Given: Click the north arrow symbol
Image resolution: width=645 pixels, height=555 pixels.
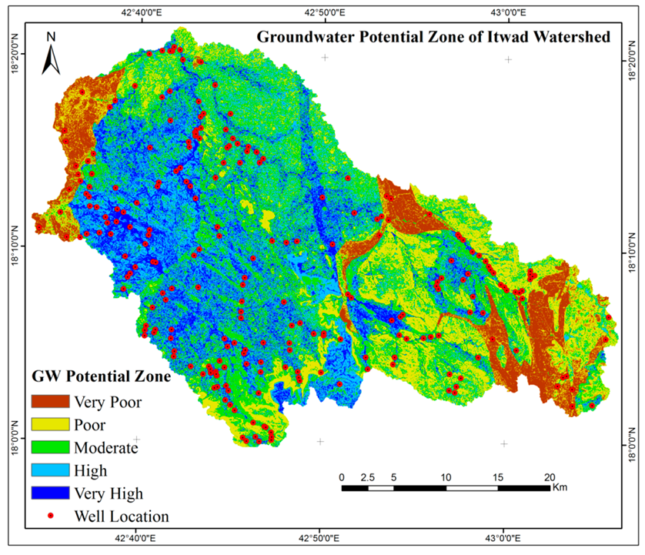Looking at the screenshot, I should tap(51, 58).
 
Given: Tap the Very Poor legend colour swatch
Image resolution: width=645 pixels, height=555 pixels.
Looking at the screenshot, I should tap(49, 401).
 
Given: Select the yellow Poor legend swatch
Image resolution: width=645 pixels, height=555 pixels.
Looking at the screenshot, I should tap(49, 424).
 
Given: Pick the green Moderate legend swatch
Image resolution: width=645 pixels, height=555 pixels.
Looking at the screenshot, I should tap(49, 447).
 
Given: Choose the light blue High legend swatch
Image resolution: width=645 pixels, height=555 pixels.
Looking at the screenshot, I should tap(49, 470).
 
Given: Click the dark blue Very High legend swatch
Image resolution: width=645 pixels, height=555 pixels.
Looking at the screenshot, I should tap(49, 493).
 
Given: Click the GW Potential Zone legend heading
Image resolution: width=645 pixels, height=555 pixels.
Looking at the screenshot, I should tap(101, 378).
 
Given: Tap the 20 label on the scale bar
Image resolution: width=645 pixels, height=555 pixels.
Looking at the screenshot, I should tap(550, 476).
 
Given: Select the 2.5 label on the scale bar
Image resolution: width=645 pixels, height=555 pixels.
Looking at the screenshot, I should tap(367, 476).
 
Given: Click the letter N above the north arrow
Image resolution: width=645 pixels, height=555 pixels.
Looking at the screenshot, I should tap(51, 36).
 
